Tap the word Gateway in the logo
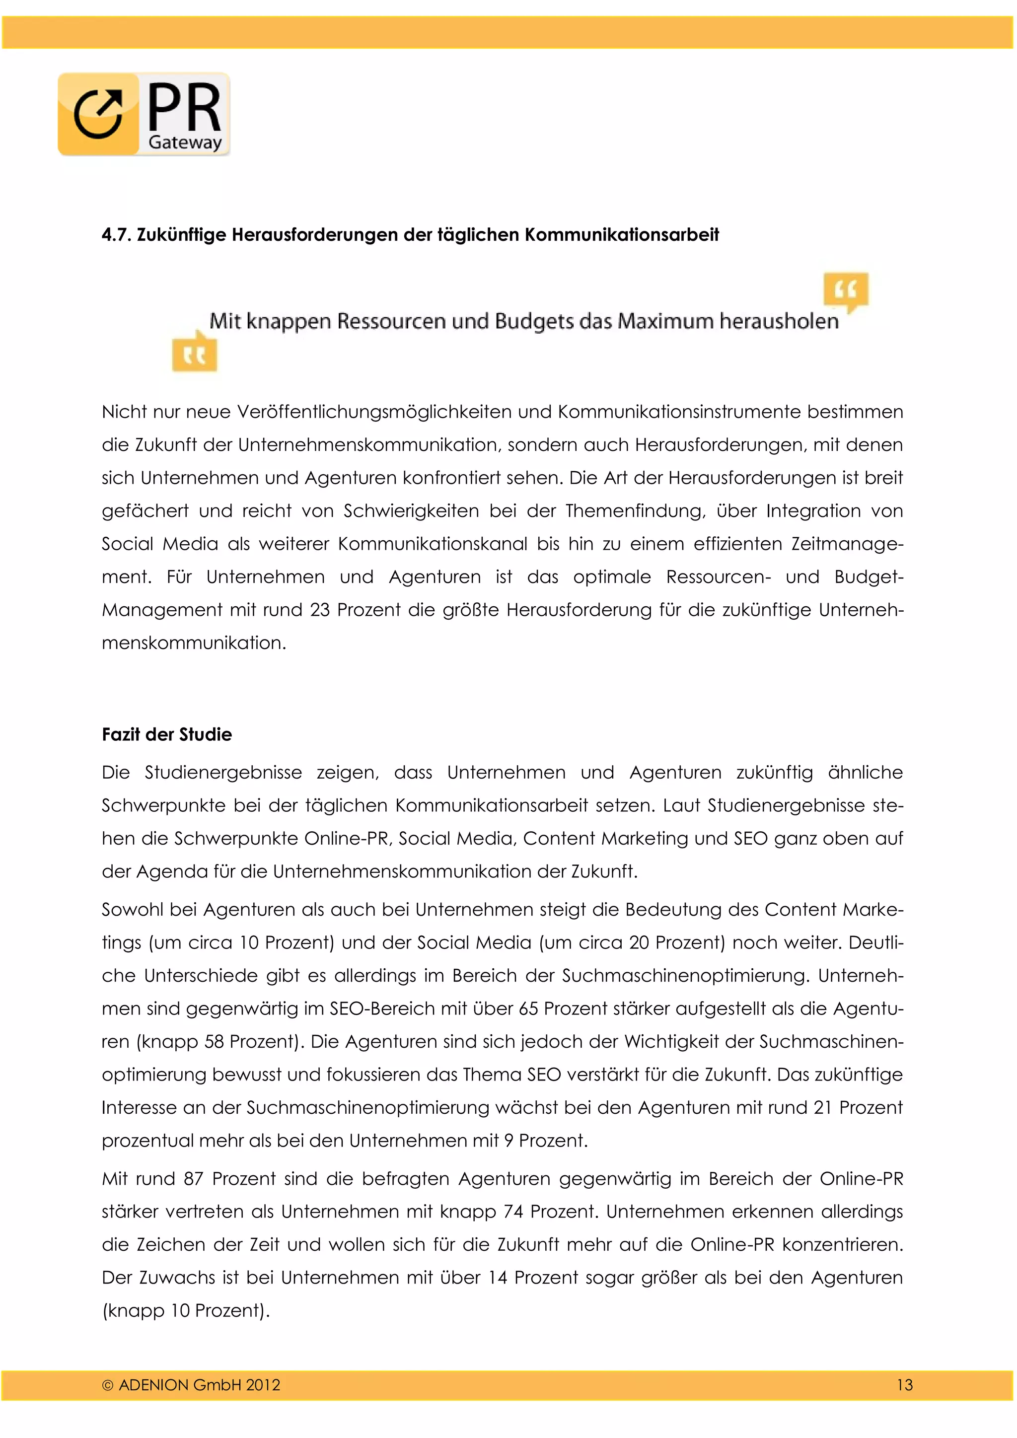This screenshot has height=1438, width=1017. pyautogui.click(x=185, y=142)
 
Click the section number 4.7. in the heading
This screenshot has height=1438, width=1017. pyautogui.click(x=117, y=235)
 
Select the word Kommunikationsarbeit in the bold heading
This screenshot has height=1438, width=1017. pyautogui.click(x=621, y=235)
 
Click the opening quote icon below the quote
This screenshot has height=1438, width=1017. pyautogui.click(x=195, y=355)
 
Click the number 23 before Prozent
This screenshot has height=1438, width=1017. pyautogui.click(x=319, y=610)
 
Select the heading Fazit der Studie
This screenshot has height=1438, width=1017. pyautogui.click(x=166, y=735)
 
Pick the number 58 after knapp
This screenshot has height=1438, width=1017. pyautogui.click(x=214, y=1042)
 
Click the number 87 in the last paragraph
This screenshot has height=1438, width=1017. pyautogui.click(x=194, y=1179)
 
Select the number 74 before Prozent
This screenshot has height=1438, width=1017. pyautogui.click(x=513, y=1212)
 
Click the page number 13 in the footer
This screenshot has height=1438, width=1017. pyautogui.click(x=904, y=1385)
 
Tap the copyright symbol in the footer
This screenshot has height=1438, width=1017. pyautogui.click(x=108, y=1385)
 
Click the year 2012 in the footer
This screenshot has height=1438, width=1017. pyautogui.click(x=263, y=1385)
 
